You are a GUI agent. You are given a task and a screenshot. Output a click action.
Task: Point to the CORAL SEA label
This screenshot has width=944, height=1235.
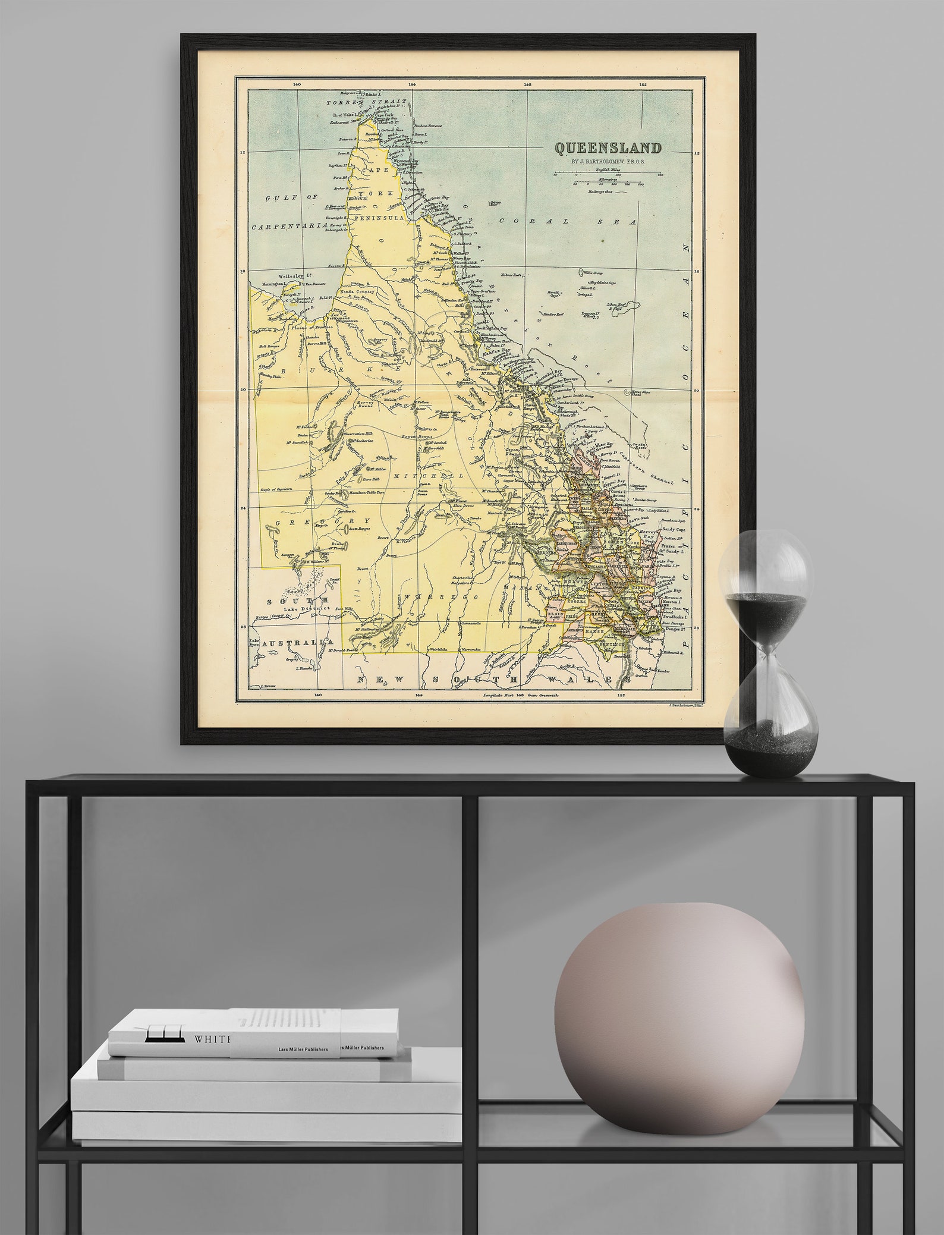click(567, 221)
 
